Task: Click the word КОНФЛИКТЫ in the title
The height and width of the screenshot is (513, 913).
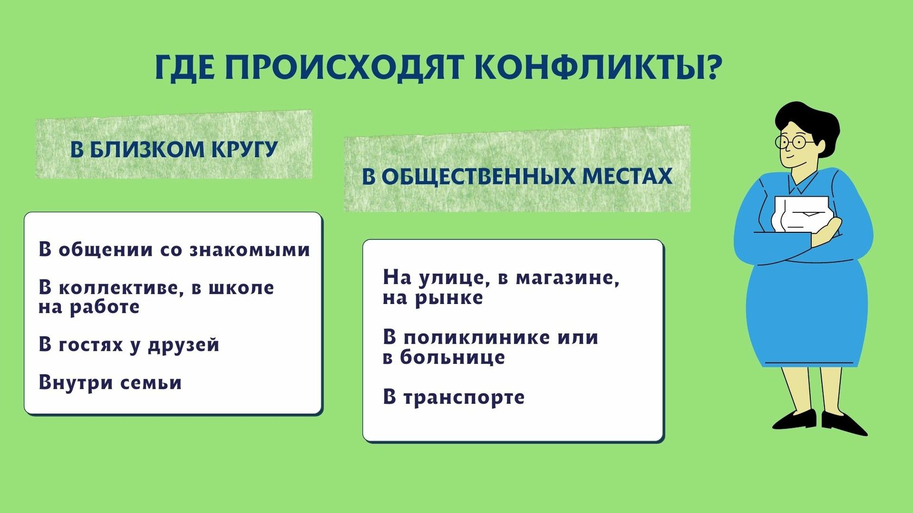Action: point(589,67)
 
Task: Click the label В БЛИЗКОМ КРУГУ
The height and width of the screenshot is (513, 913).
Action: point(174,149)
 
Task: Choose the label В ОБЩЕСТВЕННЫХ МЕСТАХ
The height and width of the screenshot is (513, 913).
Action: point(517,176)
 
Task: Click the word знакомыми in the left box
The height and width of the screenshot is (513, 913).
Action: point(249,250)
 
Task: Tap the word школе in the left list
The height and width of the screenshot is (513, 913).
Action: point(241,288)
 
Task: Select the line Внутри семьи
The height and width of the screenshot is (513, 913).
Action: point(110,383)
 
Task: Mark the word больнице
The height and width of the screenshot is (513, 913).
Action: point(452,357)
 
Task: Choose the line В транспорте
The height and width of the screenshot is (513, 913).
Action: point(454,397)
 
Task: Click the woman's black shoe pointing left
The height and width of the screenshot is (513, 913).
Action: point(793,419)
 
